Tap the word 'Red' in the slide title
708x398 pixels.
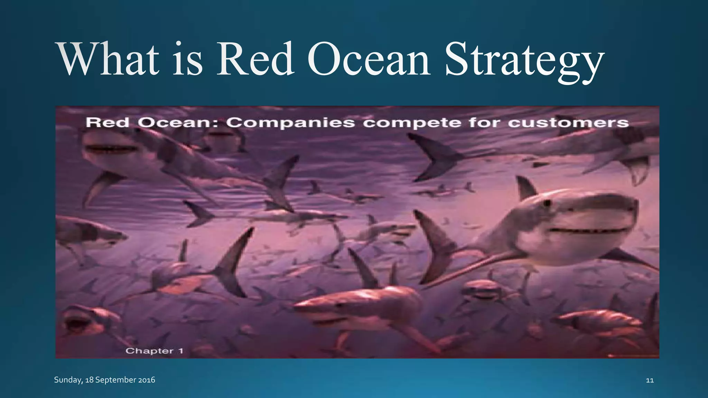[x=255, y=59]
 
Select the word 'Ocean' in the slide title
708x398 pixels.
[x=369, y=59]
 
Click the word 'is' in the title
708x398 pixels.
[x=187, y=59]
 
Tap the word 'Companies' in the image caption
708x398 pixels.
[x=291, y=123]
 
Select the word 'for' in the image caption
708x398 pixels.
[x=484, y=123]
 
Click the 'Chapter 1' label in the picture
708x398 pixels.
[x=154, y=351]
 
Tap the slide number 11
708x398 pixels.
[x=650, y=380]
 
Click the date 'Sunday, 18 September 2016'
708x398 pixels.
[x=104, y=380]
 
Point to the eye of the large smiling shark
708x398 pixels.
[x=547, y=203]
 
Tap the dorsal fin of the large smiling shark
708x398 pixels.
[x=525, y=189]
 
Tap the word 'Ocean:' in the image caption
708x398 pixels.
[x=178, y=123]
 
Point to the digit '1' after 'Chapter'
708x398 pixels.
[x=180, y=351]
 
